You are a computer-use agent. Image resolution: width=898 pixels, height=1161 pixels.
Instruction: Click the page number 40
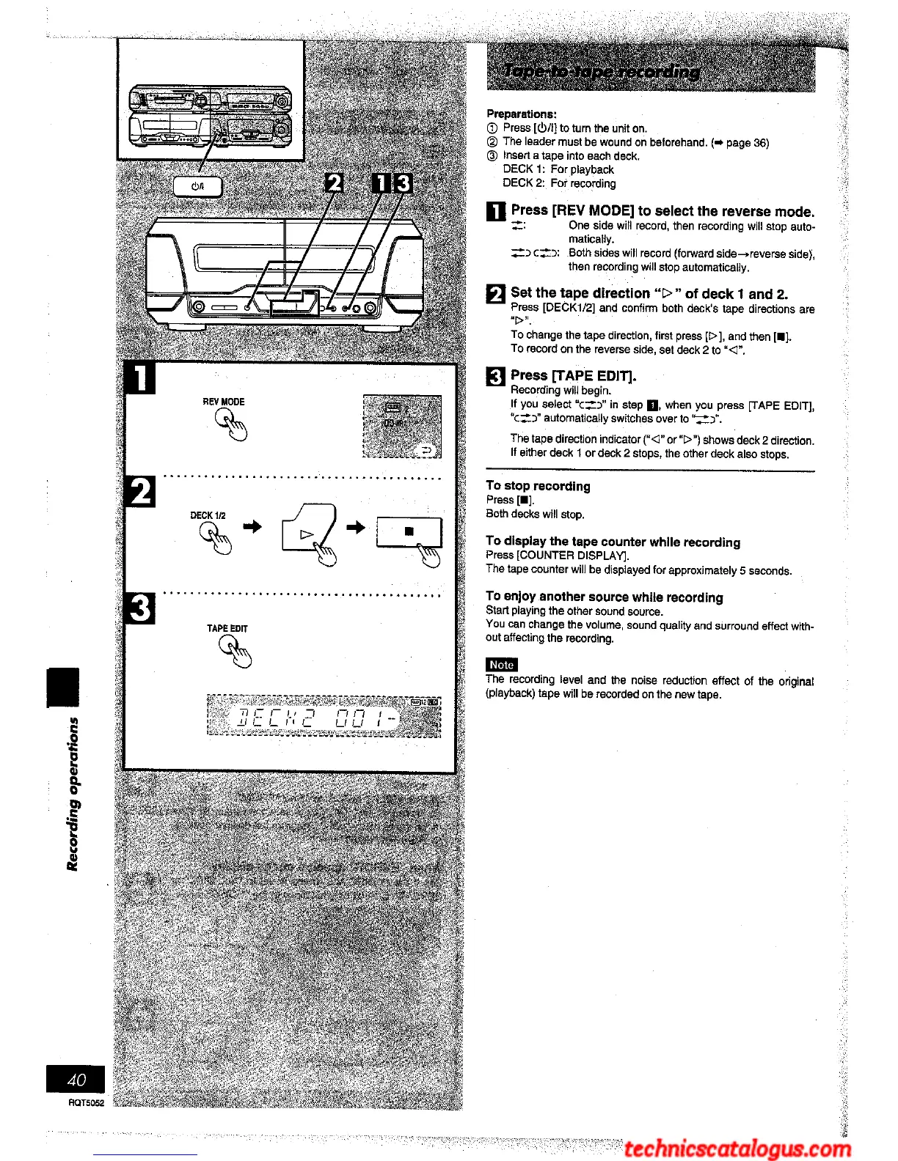(76, 1079)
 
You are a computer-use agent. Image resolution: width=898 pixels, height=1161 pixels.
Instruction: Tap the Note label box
(501, 665)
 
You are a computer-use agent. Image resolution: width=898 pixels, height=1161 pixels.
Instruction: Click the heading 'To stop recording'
(538, 486)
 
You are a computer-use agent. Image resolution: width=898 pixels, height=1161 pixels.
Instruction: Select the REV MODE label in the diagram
(223, 402)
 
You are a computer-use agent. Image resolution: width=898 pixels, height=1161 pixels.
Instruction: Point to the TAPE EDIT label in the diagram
(227, 628)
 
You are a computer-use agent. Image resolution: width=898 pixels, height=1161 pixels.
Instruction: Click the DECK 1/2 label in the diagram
(208, 515)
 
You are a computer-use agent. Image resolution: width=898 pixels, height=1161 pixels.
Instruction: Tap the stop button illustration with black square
(409, 531)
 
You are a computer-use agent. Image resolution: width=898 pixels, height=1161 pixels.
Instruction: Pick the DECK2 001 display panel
(324, 716)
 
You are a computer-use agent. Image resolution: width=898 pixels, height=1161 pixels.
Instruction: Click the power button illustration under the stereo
(197, 186)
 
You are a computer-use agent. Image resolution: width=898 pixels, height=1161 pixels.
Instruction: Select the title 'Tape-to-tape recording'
(602, 72)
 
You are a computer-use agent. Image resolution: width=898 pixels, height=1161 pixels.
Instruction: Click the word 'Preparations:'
(522, 114)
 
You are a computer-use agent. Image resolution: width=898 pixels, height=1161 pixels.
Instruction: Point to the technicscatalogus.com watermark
(737, 1148)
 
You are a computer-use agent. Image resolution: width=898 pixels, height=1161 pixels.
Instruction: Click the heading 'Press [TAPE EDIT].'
(573, 376)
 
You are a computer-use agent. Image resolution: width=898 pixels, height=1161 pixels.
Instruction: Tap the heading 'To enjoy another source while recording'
(604, 597)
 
